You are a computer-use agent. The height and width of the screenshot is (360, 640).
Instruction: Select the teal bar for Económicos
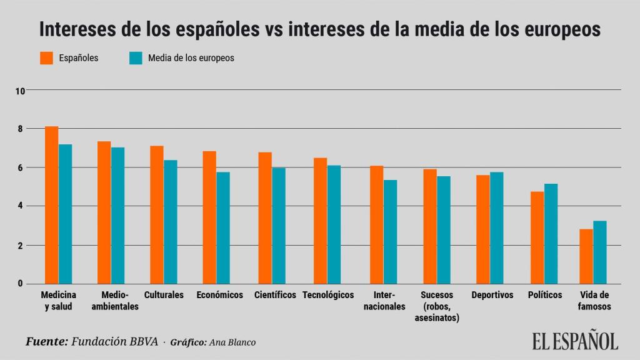point(223,227)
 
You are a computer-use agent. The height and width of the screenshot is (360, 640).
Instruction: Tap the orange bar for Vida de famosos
point(586,256)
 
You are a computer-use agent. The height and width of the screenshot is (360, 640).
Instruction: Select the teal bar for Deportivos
point(496,227)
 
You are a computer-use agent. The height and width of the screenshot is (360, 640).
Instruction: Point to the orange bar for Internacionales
point(376,224)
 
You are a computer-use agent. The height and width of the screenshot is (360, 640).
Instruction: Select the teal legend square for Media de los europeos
point(136,58)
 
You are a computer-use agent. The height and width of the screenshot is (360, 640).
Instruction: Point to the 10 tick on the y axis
point(20,91)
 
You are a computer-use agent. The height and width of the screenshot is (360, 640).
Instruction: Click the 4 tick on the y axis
point(20,206)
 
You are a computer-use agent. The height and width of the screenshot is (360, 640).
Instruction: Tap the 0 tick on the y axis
point(20,284)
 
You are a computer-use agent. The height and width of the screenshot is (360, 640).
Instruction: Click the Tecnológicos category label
point(327,295)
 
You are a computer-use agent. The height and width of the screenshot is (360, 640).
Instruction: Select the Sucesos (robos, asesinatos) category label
point(436,306)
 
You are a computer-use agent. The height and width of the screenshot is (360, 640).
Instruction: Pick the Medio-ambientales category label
point(119,301)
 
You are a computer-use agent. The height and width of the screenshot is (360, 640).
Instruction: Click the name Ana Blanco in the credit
point(232,342)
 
